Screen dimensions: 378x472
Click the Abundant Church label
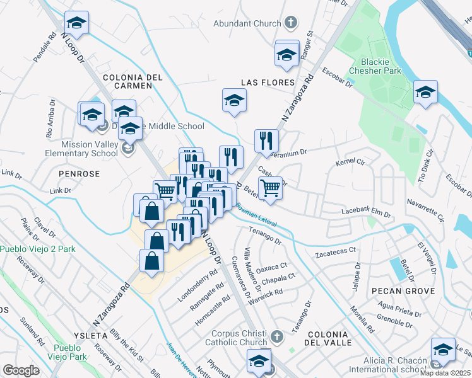(247, 23)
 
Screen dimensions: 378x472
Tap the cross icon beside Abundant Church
(290, 23)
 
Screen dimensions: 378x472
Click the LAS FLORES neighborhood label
(268, 83)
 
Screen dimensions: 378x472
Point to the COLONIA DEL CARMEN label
(133, 83)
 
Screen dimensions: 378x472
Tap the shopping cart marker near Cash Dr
(270, 188)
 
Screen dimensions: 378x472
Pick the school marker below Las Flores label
(234, 101)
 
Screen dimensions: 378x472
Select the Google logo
(21, 370)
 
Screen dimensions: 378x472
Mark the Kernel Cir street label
(351, 163)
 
